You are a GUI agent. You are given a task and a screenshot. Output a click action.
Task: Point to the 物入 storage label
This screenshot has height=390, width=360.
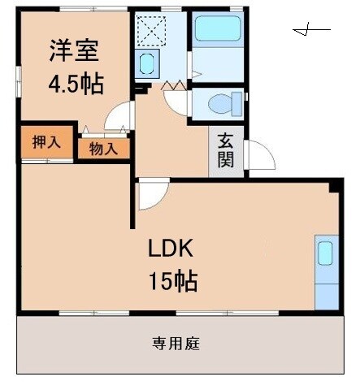[x=103, y=148]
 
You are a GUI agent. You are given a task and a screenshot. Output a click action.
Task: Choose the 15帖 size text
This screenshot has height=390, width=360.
[x=172, y=281]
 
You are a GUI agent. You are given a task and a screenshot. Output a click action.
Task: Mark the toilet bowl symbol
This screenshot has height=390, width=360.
[x=217, y=105]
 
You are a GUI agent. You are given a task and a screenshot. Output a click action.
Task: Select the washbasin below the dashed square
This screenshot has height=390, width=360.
[x=148, y=63]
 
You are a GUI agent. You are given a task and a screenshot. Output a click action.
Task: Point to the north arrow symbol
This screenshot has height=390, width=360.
[x=311, y=31]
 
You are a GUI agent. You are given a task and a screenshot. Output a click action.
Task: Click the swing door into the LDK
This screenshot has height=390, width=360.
[x=150, y=194]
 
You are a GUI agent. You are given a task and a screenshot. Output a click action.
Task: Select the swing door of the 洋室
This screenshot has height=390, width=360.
[x=118, y=117]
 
